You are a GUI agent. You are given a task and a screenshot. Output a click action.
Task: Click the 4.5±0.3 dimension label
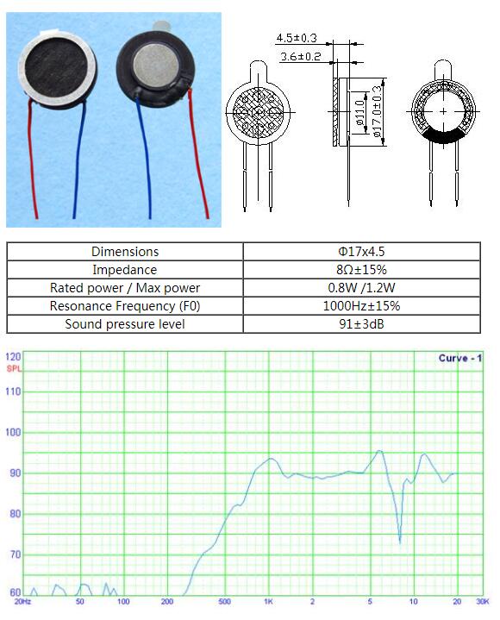pos(297,38)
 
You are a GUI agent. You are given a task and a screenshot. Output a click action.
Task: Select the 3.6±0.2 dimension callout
pos(300,57)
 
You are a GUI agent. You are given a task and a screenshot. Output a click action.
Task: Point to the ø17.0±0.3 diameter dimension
pos(378,111)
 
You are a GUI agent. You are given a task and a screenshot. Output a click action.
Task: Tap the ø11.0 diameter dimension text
pos(360,113)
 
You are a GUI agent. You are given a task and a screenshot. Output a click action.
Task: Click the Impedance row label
pos(125,270)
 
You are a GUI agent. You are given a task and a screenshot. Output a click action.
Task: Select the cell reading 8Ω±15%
pos(361,270)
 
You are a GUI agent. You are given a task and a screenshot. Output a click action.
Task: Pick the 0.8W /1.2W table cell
pos(361,288)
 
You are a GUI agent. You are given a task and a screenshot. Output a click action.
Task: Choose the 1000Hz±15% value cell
pos(361,306)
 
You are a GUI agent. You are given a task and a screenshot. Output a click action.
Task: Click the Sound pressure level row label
pos(125,324)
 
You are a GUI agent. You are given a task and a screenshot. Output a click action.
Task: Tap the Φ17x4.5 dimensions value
pos(361,252)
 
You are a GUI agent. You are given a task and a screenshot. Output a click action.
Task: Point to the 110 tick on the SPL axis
pos(13,391)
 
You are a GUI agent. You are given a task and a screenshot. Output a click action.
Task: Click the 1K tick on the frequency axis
pos(268,601)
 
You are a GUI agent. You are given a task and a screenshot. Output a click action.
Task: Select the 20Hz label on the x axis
pos(22,601)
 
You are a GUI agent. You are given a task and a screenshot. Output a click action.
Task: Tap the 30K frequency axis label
pos(483,601)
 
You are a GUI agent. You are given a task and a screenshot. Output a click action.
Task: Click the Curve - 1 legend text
pos(460,358)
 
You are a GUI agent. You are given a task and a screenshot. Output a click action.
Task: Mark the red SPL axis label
pos(14,369)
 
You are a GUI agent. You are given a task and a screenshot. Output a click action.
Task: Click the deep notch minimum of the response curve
pos(400,542)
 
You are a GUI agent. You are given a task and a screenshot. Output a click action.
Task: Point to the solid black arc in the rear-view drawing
pos(443,135)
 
